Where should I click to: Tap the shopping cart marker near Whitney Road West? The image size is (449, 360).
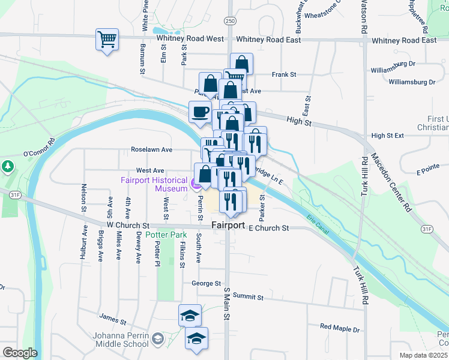pyautogui.click(x=107, y=40)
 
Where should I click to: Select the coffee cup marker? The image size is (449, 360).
pyautogui.click(x=200, y=112)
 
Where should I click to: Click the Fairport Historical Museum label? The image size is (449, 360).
pyautogui.click(x=154, y=184)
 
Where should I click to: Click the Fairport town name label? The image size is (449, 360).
pyautogui.click(x=228, y=225)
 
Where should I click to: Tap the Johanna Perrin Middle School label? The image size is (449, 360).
pyautogui.click(x=121, y=340)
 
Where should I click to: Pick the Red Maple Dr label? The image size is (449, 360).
pyautogui.click(x=340, y=328)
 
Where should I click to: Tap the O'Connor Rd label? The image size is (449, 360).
pyautogui.click(x=39, y=148)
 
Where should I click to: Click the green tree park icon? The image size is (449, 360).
pyautogui.click(x=7, y=165)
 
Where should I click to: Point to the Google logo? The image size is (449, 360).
pyautogui.click(x=20, y=353)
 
